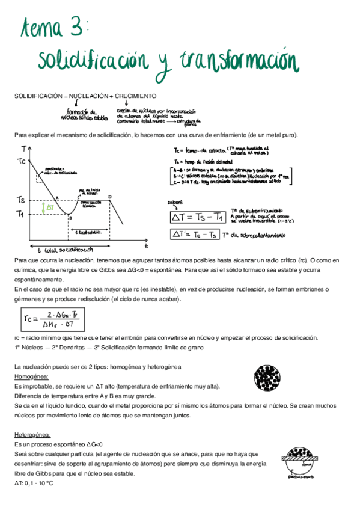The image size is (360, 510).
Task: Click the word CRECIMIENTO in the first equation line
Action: coord(136,96)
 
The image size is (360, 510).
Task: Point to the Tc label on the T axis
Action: coord(22,161)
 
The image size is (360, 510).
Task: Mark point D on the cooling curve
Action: coord(109,197)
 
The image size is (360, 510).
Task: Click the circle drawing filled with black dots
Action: coord(267,379)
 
